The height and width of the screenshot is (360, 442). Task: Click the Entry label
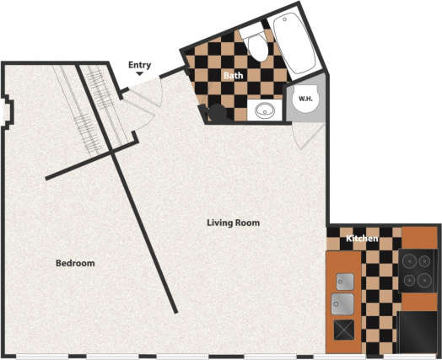pos(140,65)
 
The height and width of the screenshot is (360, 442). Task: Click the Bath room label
pos(233,76)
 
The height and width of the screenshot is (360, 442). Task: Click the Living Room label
pos(233,223)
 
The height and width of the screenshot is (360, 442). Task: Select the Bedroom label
pos(75,263)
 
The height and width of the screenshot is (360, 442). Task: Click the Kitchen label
pos(361,239)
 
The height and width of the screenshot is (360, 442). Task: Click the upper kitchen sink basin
pos(344,282)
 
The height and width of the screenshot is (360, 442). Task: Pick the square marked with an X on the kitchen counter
pos(344,330)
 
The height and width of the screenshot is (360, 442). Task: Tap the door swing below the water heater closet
pos(301,135)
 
